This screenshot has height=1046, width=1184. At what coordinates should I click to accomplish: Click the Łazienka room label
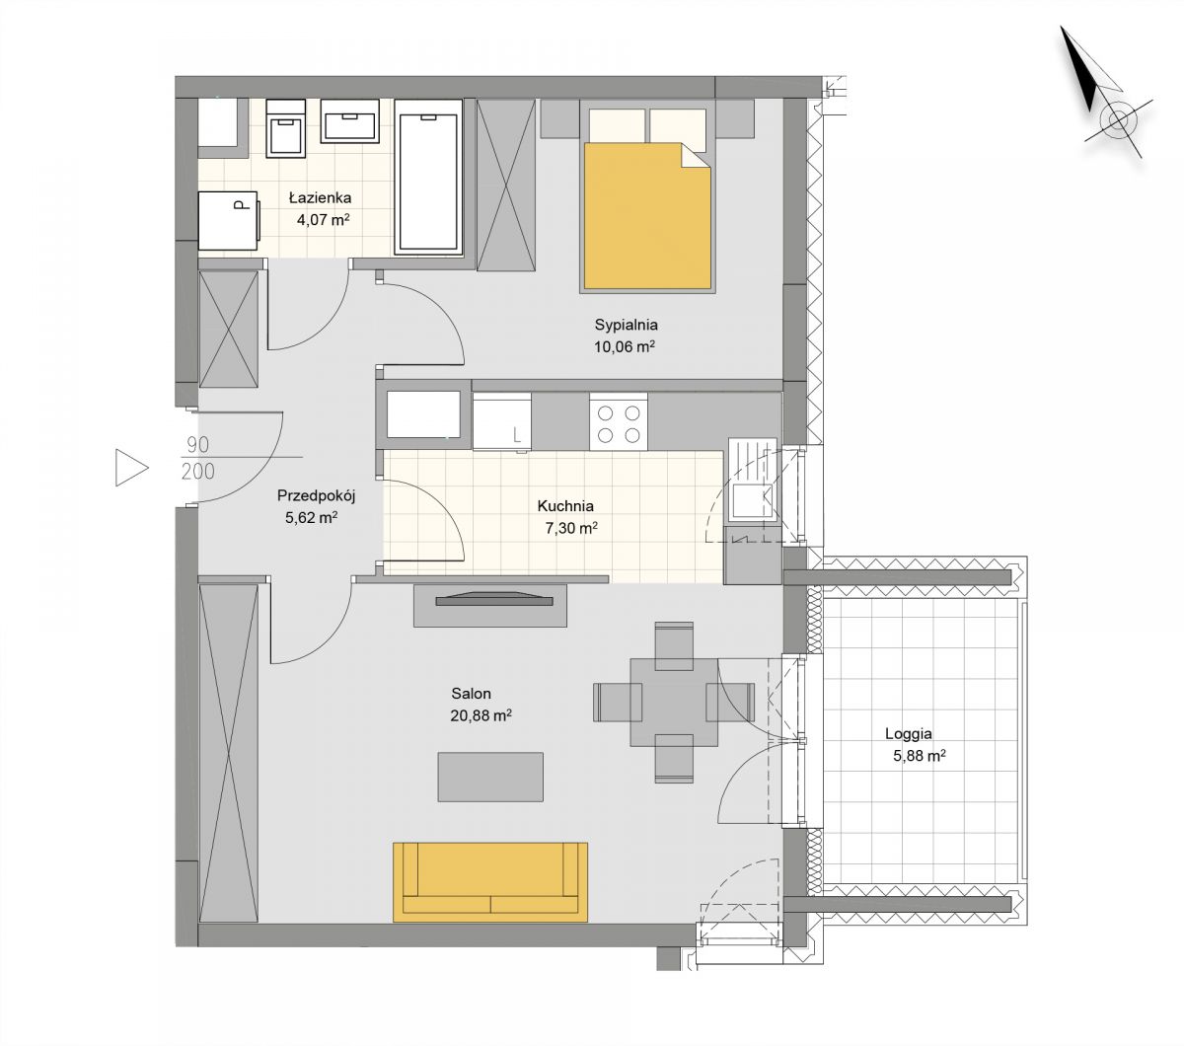[x=321, y=197]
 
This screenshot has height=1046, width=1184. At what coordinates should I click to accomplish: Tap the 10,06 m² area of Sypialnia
[x=625, y=346]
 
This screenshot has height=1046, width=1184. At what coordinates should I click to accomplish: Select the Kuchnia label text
[x=565, y=506]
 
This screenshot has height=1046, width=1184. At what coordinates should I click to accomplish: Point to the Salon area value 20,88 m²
[x=481, y=715]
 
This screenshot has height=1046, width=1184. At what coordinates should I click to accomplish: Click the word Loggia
[x=908, y=734]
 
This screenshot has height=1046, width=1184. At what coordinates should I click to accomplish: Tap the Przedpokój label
[x=316, y=495]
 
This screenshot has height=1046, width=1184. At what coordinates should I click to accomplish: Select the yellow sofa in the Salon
[x=489, y=882]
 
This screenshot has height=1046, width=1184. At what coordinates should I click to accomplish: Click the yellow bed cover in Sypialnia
[x=647, y=216]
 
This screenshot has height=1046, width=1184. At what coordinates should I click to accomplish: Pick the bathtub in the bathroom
[x=428, y=178]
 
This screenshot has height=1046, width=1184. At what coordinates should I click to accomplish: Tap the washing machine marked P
[x=229, y=220]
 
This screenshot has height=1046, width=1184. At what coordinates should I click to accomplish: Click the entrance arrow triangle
[x=131, y=467]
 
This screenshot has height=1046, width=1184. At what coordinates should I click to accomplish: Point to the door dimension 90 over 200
[x=198, y=458]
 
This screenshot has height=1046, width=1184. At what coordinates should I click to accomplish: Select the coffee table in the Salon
[x=490, y=777]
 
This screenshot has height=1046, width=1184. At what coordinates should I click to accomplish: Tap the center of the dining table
[x=674, y=703]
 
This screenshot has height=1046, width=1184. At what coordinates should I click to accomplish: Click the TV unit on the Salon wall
[x=489, y=606]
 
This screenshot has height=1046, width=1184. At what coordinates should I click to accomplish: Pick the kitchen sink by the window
[x=753, y=480]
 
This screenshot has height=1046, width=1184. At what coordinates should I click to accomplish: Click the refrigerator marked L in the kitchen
[x=502, y=421]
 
